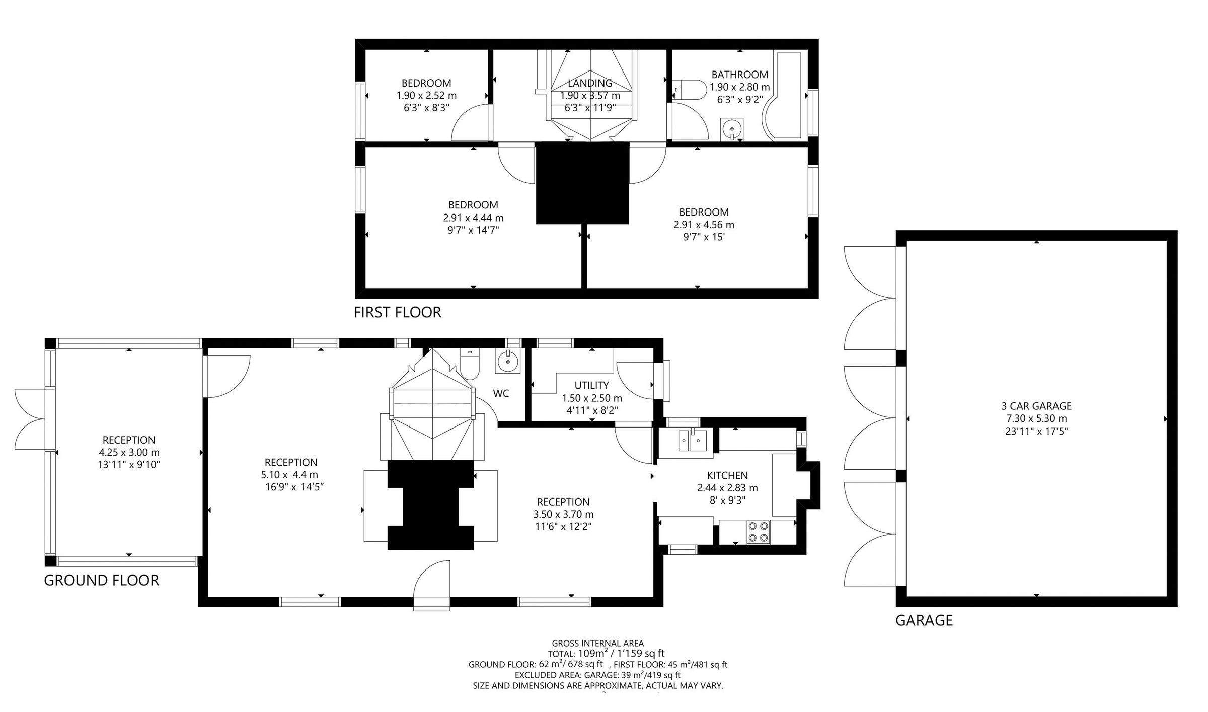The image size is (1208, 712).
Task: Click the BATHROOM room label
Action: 739,75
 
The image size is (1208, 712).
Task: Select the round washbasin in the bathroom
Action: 731,129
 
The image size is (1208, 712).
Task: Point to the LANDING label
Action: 590,83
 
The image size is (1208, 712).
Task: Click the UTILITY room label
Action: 591,385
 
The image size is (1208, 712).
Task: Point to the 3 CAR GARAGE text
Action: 1036,406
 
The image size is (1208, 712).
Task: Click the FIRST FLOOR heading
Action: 397,312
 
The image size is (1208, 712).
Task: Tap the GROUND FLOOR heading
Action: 101,580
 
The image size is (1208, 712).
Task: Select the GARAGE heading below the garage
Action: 924,620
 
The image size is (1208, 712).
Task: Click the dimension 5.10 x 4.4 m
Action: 289,475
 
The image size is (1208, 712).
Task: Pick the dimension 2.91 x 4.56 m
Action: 704,225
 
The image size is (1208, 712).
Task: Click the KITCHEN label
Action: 727,475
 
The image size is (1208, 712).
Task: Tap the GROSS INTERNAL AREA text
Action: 597,643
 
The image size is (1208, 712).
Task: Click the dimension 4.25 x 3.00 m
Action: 129,452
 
